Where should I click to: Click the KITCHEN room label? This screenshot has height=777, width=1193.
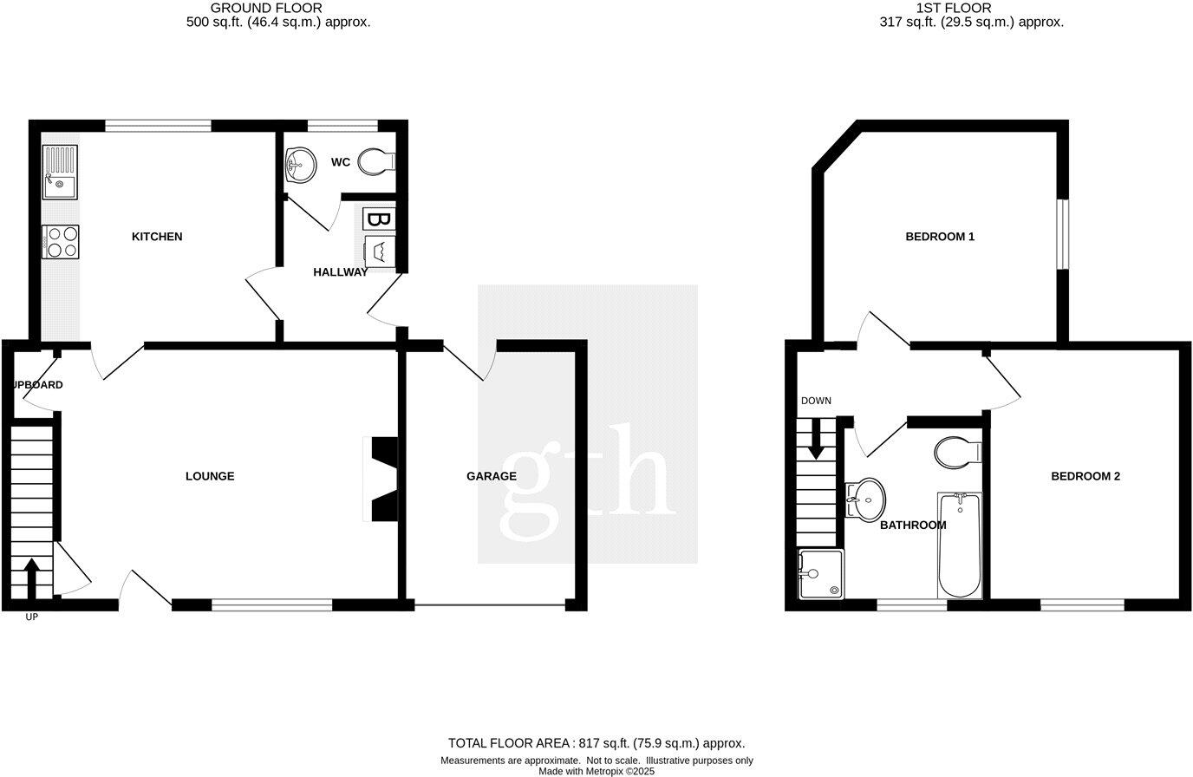(157, 237)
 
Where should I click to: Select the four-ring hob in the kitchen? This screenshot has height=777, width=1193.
(61, 241)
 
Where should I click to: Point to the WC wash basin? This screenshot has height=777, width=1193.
(301, 164)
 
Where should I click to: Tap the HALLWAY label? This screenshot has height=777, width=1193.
(340, 272)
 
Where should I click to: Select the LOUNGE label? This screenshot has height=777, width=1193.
(210, 476)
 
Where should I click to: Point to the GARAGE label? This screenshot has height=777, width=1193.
(491, 476)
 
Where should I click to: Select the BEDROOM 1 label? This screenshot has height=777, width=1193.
(940, 237)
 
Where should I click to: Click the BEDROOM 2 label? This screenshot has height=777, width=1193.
(1085, 476)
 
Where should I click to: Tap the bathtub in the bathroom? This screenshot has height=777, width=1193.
(960, 545)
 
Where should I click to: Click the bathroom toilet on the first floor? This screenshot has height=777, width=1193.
(957, 452)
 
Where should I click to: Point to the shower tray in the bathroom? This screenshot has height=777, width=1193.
(820, 573)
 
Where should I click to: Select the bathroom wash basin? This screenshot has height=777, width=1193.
(866, 499)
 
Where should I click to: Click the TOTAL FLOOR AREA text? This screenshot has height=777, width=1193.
(596, 743)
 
